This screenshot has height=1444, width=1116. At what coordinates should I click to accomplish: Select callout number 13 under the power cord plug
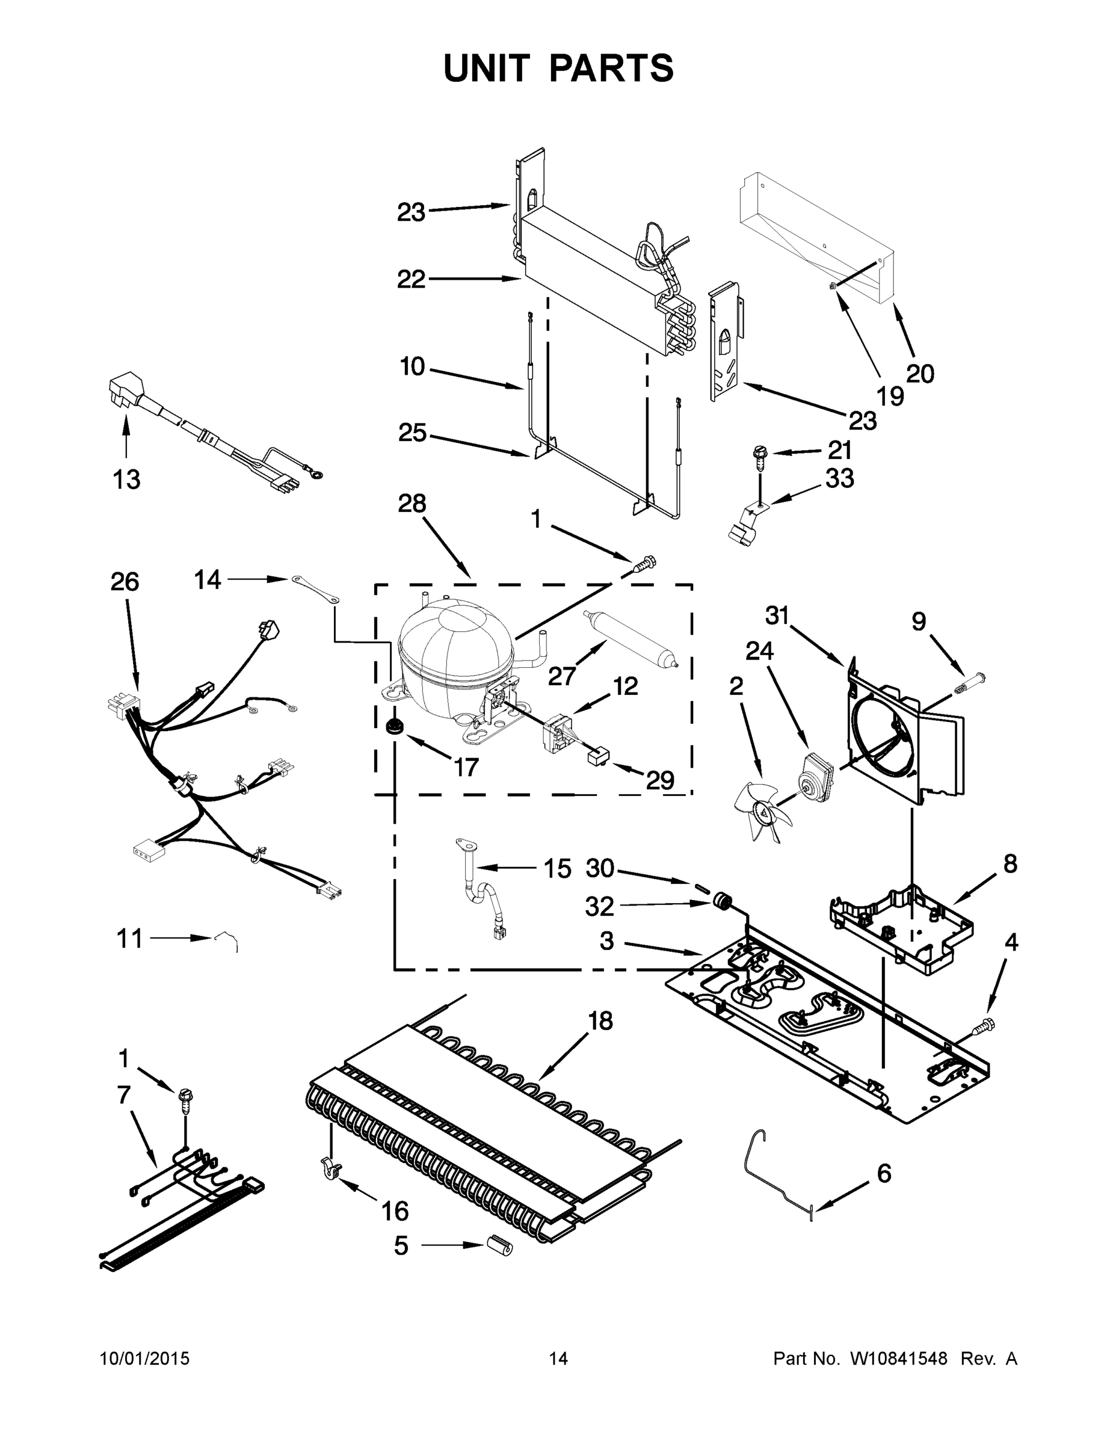tap(126, 480)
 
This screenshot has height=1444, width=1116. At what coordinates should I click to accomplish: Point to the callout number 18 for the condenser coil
tap(600, 1022)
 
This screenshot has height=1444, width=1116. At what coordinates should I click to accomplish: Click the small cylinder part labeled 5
tap(500, 1244)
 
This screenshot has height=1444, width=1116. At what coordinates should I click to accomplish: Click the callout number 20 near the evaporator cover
tap(920, 374)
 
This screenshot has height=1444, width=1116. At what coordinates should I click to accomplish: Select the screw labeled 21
tap(758, 456)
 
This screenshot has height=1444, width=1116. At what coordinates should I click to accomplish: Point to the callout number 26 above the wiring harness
tap(125, 582)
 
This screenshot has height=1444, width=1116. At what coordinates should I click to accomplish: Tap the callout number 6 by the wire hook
tap(883, 1174)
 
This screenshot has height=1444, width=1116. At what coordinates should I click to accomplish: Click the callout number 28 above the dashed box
tap(412, 504)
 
